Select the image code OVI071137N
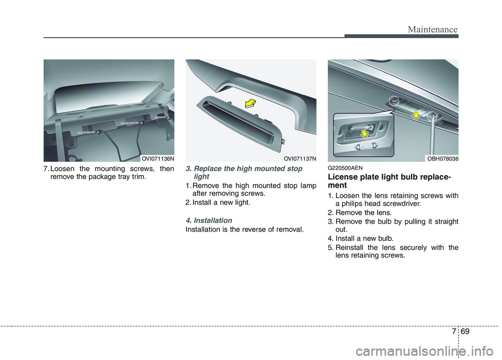click(x=299, y=158)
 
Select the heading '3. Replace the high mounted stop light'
click(x=244, y=173)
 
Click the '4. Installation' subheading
click(x=209, y=220)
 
